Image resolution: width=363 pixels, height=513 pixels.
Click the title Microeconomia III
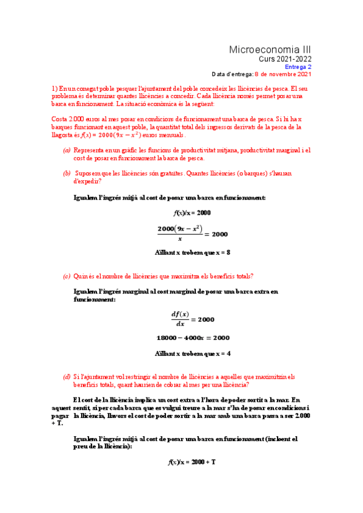tap(270, 49)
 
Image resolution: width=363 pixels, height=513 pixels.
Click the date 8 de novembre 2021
tap(283, 74)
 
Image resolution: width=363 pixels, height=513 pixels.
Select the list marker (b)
tap(67, 173)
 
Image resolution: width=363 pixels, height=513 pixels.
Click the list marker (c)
tap(67, 276)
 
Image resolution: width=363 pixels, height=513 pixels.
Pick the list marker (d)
tap(67, 377)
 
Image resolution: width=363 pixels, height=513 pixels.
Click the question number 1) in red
tap(55, 88)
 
